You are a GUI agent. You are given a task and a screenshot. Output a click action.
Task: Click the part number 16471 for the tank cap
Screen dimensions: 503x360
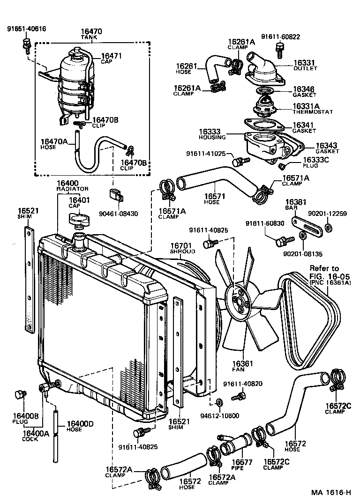111,56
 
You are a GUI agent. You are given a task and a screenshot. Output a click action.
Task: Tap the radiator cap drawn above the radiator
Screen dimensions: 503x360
78,219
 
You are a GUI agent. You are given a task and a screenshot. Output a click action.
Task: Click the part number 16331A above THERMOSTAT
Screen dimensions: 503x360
307,106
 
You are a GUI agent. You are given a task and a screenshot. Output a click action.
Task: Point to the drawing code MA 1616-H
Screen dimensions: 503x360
331,492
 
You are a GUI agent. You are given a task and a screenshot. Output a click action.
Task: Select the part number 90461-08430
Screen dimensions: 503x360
119,214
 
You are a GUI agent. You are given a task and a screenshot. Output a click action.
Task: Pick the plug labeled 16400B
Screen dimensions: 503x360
20,394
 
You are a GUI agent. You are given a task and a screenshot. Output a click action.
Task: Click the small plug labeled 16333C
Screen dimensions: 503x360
283,166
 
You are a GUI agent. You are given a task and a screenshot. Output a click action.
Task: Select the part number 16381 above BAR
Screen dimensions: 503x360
296,202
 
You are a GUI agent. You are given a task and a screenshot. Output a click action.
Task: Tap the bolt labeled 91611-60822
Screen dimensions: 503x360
281,47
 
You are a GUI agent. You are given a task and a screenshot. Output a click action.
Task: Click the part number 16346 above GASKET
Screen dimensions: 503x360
304,89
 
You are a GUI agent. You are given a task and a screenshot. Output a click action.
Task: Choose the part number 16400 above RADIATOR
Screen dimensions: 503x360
67,183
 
